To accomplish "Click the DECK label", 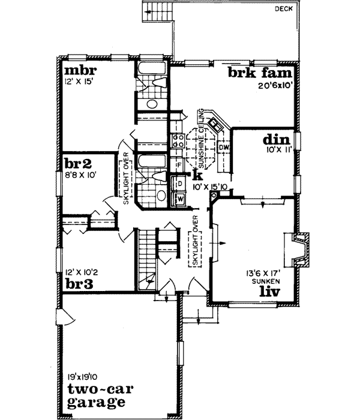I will click(x=284, y=9).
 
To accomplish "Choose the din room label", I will click(x=277, y=139).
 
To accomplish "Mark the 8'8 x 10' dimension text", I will click(x=80, y=175).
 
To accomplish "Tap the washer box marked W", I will click(x=179, y=197).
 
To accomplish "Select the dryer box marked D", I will click(x=179, y=182).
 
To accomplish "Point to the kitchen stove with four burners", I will click(x=178, y=140).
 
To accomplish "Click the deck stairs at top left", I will click(x=156, y=11).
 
